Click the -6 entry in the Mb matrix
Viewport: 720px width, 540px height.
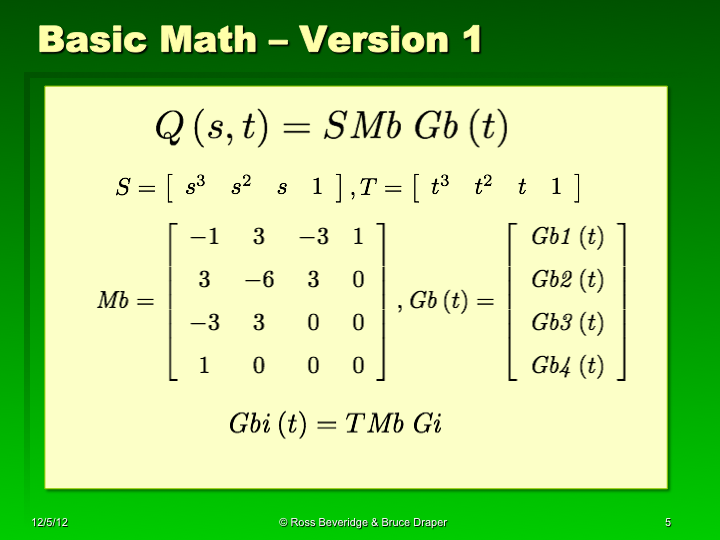tap(259, 280)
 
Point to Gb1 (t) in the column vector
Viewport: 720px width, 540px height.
tap(567, 237)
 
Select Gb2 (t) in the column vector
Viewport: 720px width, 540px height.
tap(567, 280)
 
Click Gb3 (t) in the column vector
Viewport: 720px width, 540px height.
tap(567, 323)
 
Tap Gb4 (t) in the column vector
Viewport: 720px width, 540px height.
tap(567, 366)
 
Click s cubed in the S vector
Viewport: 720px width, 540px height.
tap(195, 187)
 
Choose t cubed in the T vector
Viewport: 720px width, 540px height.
tap(439, 187)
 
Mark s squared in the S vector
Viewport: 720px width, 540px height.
tap(241, 187)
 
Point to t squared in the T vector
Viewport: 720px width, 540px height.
tap(483, 187)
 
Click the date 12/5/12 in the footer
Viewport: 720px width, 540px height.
tap(49, 523)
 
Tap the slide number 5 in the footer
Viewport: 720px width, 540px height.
tap(667, 523)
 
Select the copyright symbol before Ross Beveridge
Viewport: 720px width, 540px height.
tap(284, 523)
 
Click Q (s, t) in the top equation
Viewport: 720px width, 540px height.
tap(205, 127)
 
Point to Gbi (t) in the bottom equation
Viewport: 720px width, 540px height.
tap(264, 423)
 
